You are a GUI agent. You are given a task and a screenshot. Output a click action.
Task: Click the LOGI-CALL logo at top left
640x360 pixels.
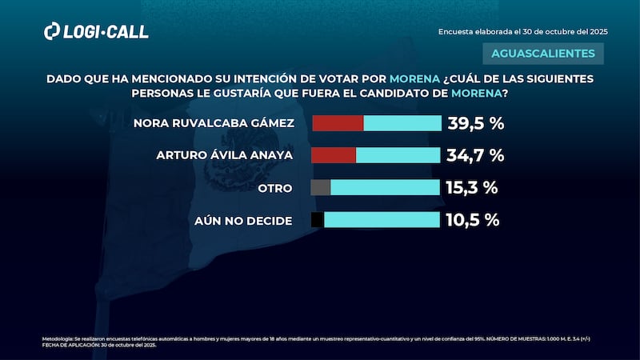tap(95, 31)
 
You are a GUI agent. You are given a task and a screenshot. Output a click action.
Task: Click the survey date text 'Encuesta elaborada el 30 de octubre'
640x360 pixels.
tap(523, 31)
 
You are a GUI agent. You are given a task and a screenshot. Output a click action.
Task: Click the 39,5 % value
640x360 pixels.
tap(476, 123)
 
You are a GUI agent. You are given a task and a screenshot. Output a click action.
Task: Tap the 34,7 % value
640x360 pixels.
tap(475, 155)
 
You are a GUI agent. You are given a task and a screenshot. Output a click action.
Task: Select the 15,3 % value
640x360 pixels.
tap(471, 188)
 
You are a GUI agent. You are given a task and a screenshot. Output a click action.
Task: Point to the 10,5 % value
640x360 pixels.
tap(472, 220)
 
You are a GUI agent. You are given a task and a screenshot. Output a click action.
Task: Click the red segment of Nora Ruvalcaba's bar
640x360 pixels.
tap(338, 123)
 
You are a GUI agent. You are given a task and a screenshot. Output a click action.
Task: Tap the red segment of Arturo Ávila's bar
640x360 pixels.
tap(333, 155)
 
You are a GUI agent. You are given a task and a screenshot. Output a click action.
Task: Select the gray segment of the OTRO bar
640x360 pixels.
tap(320, 188)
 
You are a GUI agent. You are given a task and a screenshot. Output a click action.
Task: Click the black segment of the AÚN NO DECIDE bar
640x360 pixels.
tap(317, 220)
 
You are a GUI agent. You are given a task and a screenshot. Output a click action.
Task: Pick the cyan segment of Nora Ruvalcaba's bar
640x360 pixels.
tap(402, 123)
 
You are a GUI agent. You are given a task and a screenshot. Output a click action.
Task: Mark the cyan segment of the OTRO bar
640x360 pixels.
tap(385, 188)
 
